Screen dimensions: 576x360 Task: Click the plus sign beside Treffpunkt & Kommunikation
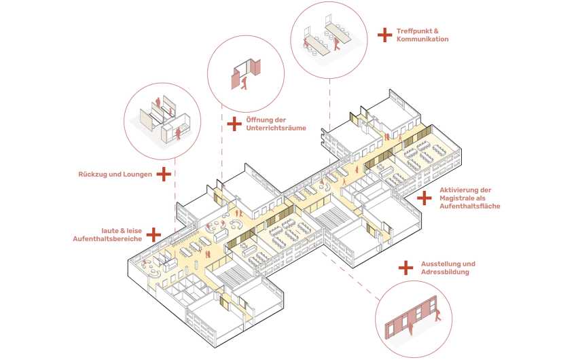click(x=384, y=35)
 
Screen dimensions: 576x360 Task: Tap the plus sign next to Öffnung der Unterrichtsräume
click(x=234, y=124)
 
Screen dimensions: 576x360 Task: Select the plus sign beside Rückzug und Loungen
click(x=164, y=174)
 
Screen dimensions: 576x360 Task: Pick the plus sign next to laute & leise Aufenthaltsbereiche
click(x=154, y=235)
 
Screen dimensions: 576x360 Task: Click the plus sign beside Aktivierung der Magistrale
click(x=425, y=198)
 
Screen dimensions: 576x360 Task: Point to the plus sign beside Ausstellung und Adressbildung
click(x=406, y=268)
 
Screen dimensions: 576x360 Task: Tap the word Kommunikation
click(x=422, y=39)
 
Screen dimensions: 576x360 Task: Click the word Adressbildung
click(x=445, y=272)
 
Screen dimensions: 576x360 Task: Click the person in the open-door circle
click(x=244, y=83)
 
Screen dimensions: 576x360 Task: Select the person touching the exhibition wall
click(x=437, y=314)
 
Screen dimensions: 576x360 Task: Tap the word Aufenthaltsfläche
click(x=470, y=206)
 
